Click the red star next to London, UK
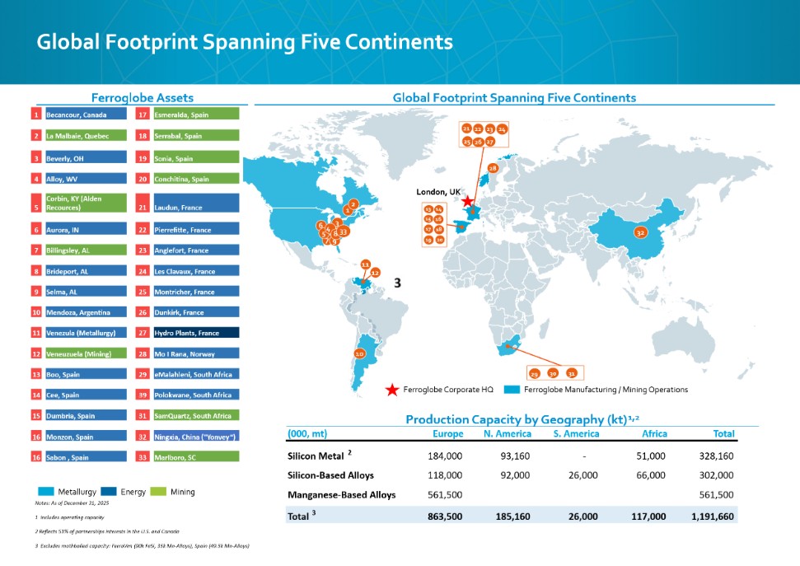(x=468, y=200)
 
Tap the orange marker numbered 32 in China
(x=639, y=233)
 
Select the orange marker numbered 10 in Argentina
(x=359, y=353)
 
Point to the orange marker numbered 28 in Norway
(x=493, y=168)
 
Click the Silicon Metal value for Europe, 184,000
(x=446, y=455)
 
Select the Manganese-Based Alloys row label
(x=341, y=494)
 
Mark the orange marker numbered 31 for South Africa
(x=571, y=374)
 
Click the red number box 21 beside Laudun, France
(x=142, y=208)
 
